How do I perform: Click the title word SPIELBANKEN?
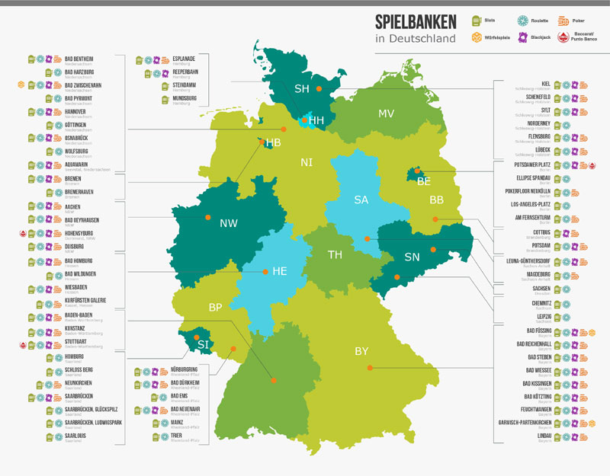click(x=416, y=21)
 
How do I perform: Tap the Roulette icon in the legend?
click(x=524, y=20)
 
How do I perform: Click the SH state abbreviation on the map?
click(x=302, y=89)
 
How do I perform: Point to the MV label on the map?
click(x=387, y=113)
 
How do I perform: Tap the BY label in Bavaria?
click(x=361, y=351)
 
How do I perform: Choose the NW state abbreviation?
click(x=228, y=224)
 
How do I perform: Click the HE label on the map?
click(x=279, y=271)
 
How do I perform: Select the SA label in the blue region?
click(x=361, y=200)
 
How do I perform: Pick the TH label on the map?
click(x=335, y=254)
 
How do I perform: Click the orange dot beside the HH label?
click(x=305, y=120)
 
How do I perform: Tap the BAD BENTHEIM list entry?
click(x=79, y=58)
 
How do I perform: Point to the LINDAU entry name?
click(x=541, y=436)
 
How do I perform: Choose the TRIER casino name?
click(x=176, y=436)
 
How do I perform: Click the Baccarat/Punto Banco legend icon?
click(x=563, y=37)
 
